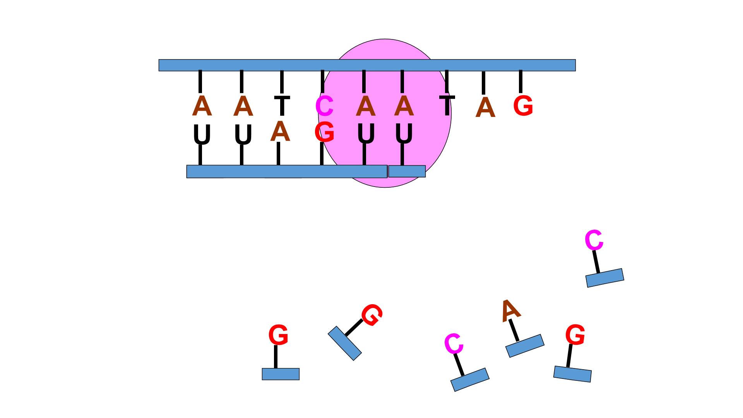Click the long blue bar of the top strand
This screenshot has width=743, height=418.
tap(367, 65)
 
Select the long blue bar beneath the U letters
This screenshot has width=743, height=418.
tap(287, 171)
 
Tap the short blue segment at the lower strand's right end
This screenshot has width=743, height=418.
tap(407, 171)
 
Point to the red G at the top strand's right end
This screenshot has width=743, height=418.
tap(523, 106)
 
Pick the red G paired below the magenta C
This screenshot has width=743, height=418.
tap(324, 132)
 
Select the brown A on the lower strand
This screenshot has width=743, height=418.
tap(280, 131)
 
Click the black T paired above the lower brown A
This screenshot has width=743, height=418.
tap(282, 106)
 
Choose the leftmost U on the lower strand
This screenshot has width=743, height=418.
tap(202, 134)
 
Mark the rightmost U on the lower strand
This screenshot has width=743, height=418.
tap(404, 134)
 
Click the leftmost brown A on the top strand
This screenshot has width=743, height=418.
tap(202, 106)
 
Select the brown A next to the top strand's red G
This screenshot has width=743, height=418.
tap(485, 108)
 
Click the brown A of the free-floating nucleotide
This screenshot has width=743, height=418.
tap(510, 310)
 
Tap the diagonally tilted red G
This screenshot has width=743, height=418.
tap(372, 315)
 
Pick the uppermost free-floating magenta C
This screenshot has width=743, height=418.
tap(594, 240)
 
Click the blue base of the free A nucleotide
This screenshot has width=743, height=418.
tap(525, 346)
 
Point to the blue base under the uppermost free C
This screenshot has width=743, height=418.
tap(605, 278)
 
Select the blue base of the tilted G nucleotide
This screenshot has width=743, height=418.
tap(345, 343)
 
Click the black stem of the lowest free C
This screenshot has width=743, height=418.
tap(459, 365)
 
